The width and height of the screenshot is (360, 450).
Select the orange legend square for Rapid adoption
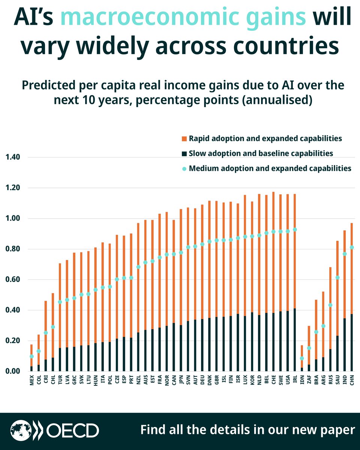[x=184, y=139]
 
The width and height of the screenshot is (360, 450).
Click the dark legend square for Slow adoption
[x=184, y=153]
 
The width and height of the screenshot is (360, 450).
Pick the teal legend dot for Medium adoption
[x=184, y=168]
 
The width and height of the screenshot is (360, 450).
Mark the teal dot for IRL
[x=295, y=229]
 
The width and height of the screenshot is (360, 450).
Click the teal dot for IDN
[x=302, y=358]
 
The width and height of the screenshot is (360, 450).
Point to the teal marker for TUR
[x=60, y=302]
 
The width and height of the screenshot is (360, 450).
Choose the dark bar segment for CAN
[x=174, y=347]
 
